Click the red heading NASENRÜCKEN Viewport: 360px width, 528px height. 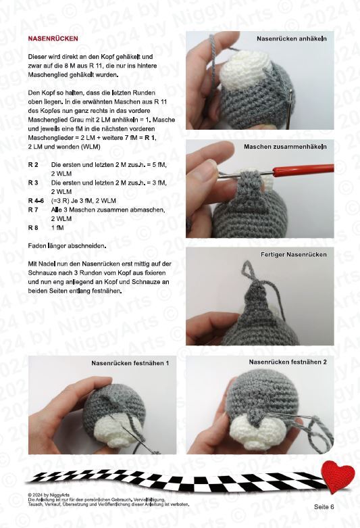click(x=53, y=39)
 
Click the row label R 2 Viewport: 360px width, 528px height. click(x=33, y=165)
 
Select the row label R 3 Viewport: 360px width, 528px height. click(x=33, y=183)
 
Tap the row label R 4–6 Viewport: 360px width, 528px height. click(x=36, y=201)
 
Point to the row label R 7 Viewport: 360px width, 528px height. click(x=33, y=210)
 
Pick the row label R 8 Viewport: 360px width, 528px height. click(x=33, y=228)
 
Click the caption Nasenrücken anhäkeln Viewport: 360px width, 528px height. click(x=291, y=39)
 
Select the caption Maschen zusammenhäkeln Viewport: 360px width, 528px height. click(x=285, y=147)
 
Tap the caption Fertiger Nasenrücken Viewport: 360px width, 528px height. click(x=293, y=255)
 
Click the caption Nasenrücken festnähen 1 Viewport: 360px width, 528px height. click(x=130, y=363)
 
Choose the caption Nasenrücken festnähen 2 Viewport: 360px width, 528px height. click(x=288, y=362)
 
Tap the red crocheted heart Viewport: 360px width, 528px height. click(x=338, y=476)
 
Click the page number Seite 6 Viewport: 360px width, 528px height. click(x=324, y=507)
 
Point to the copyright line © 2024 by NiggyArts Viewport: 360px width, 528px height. click(x=49, y=495)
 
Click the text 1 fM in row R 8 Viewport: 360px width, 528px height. click(x=57, y=228)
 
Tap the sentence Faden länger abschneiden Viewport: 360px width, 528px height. click(x=67, y=246)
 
